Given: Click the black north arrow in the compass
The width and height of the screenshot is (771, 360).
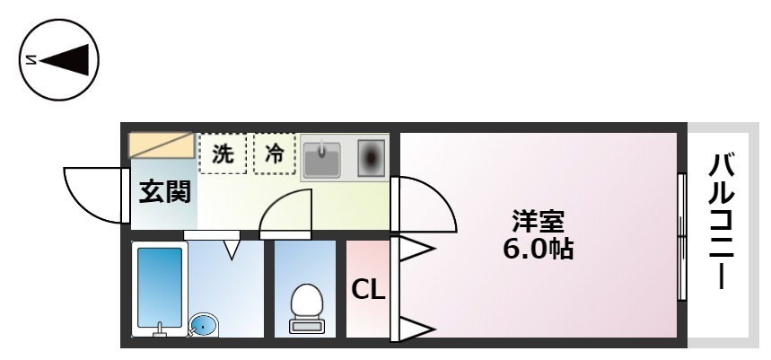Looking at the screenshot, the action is click(x=66, y=60).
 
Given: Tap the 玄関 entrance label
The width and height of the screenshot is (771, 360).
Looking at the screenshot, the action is click(x=165, y=192).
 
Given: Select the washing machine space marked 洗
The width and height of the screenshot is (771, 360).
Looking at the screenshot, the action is click(x=223, y=154).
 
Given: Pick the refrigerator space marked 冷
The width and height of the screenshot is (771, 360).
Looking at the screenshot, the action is click(x=275, y=154).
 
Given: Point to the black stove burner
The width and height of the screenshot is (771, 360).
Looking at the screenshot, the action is click(x=372, y=158).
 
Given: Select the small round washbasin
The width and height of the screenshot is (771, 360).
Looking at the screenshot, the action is click(x=203, y=325).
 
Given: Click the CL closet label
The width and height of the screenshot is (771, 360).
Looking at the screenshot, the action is click(x=368, y=291).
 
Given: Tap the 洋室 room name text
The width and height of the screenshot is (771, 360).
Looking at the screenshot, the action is click(x=538, y=222).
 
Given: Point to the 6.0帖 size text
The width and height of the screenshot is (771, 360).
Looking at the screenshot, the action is click(x=538, y=249).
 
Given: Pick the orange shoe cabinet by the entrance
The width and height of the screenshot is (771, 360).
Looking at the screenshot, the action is click(x=161, y=145).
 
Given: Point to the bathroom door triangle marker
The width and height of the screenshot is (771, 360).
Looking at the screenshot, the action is click(x=232, y=250).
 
